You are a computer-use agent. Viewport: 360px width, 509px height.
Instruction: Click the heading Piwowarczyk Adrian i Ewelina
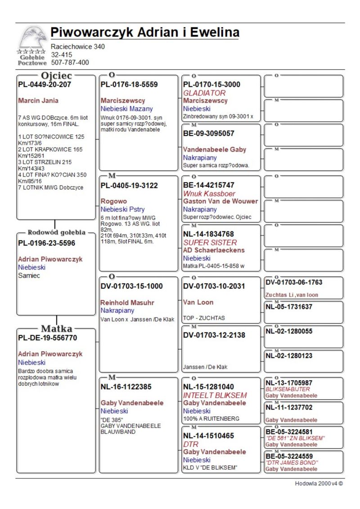pos(144,32)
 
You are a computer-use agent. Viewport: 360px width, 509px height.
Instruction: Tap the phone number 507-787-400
pos(70,63)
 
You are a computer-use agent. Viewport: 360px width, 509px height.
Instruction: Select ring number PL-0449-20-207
pos(45,84)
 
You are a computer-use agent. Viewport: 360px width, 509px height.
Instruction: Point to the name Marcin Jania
pos(38,100)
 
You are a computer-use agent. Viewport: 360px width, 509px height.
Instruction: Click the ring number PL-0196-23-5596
pos(46,243)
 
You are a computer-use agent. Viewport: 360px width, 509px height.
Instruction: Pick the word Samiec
pos(29,275)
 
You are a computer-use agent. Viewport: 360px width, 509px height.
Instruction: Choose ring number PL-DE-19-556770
pos(47,338)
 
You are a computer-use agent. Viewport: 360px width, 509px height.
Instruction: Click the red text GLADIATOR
pos(204,93)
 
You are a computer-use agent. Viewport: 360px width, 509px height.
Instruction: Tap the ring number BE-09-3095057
pos(209,133)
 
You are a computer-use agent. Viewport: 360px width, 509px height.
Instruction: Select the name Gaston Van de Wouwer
pos(220,201)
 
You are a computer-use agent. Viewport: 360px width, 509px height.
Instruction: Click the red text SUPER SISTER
pos(210,243)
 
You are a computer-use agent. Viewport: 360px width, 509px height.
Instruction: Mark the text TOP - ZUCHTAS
pos(204,318)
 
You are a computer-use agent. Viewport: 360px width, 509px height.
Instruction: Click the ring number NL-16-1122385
pos(126,387)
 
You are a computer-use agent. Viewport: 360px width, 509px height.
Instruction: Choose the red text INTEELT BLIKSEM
pos(215,395)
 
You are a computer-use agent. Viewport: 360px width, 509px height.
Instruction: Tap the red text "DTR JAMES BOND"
pos(292,463)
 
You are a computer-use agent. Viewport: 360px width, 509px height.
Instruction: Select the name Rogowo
pos(114,201)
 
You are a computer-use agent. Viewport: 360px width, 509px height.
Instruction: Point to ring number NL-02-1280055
pos(289,331)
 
